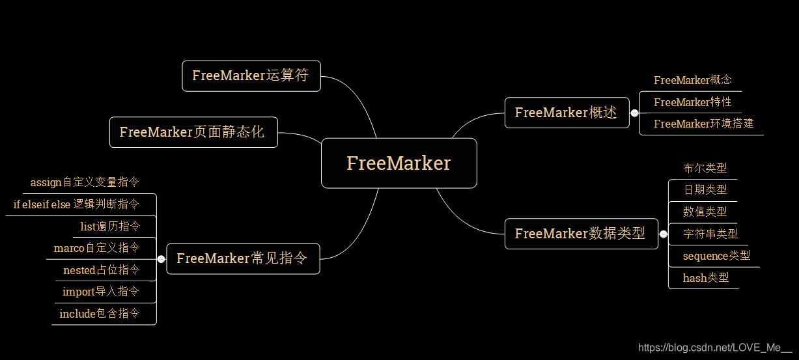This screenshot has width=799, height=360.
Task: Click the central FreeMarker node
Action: click(x=399, y=163)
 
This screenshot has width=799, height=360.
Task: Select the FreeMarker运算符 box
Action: click(x=251, y=76)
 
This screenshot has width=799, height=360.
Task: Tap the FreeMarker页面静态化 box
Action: click(x=193, y=132)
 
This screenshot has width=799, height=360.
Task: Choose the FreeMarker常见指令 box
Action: click(x=242, y=258)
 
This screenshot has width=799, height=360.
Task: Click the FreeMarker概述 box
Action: click(x=566, y=113)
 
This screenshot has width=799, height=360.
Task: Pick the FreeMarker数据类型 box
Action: click(x=580, y=233)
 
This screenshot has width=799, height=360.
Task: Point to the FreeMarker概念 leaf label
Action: click(x=693, y=80)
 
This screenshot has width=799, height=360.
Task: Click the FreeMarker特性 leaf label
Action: click(x=692, y=102)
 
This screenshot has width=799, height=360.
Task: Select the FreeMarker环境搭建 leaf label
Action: click(x=703, y=124)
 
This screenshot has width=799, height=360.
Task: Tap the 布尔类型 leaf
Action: click(x=705, y=168)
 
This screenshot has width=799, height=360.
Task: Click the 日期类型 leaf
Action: click(x=705, y=190)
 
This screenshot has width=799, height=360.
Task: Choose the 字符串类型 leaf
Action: click(x=710, y=234)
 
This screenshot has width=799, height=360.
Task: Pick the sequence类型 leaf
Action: click(x=716, y=256)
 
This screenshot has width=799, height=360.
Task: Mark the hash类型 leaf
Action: click(x=705, y=278)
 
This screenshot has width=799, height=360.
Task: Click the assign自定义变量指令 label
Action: click(x=85, y=182)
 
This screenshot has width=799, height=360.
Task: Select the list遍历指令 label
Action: click(x=109, y=227)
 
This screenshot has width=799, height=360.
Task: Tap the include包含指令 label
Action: click(x=99, y=314)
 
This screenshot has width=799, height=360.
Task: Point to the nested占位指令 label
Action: click(x=101, y=270)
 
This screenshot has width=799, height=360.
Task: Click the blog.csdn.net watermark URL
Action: click(x=714, y=348)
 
